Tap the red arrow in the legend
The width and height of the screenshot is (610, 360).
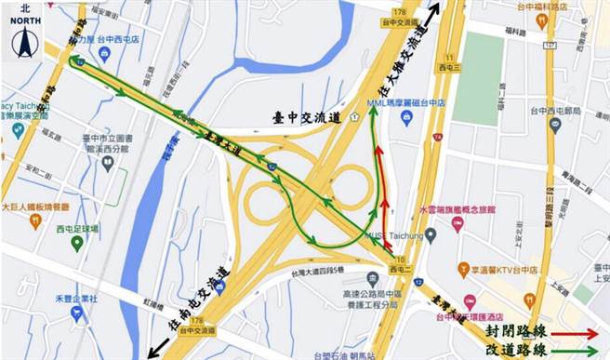[574, 331]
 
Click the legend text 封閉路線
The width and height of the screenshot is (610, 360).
[516, 331]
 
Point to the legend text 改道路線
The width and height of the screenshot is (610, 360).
[516, 352]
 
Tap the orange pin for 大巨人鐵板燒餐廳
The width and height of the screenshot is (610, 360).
[35, 221]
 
